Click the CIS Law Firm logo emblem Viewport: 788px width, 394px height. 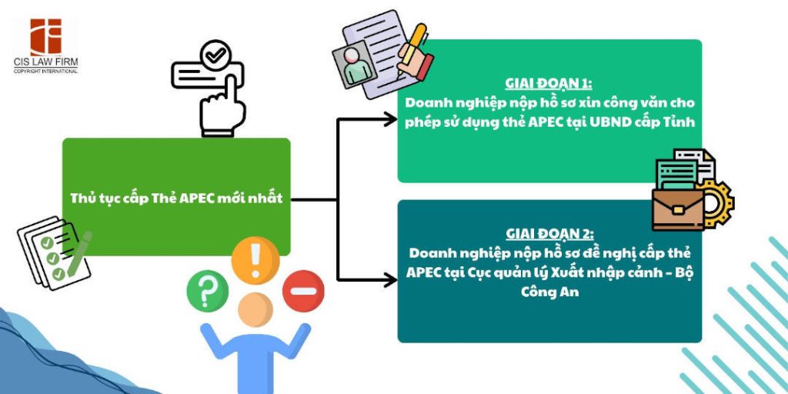coord(45,36)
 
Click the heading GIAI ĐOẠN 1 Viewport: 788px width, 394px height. coord(549,84)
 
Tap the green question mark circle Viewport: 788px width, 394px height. coord(207,292)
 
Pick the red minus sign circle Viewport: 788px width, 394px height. coord(302,292)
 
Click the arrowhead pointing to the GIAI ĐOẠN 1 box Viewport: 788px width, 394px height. coord(389,120)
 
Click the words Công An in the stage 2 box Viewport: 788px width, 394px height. coord(549,292)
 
